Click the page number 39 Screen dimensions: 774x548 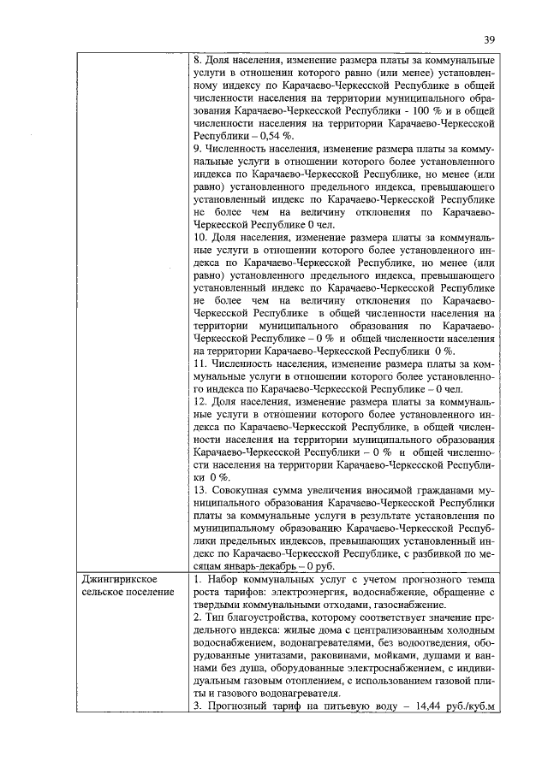click(489, 39)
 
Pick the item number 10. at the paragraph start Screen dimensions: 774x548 click(202, 237)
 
